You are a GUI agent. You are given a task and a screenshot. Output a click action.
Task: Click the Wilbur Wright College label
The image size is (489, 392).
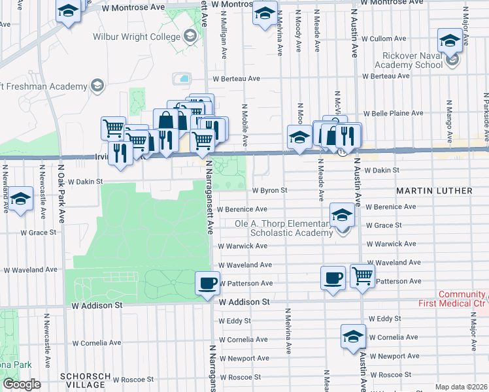(x=137, y=37)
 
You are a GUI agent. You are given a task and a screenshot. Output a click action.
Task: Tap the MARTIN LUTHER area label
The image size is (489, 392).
(x=433, y=191)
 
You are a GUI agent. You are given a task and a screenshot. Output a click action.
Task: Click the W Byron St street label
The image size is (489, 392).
(x=270, y=191)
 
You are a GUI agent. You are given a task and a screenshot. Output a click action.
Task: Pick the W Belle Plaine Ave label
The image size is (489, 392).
(x=388, y=113)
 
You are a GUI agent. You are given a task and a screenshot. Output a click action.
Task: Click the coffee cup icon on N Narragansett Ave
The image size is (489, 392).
(x=208, y=283)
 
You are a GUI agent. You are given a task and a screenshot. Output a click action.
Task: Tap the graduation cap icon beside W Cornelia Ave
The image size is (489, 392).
(x=353, y=336)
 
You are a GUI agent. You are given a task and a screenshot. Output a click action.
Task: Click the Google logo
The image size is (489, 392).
(x=22, y=384)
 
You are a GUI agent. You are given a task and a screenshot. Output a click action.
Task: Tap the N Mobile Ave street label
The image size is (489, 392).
(x=245, y=123)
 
